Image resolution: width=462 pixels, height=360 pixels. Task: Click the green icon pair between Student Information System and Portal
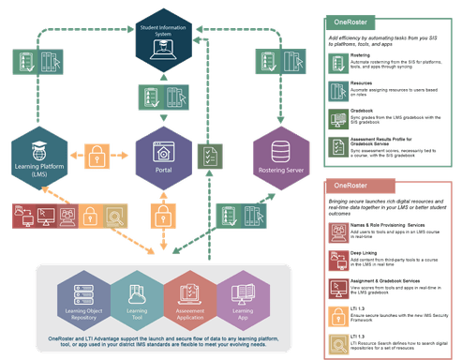[x=164, y=98]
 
